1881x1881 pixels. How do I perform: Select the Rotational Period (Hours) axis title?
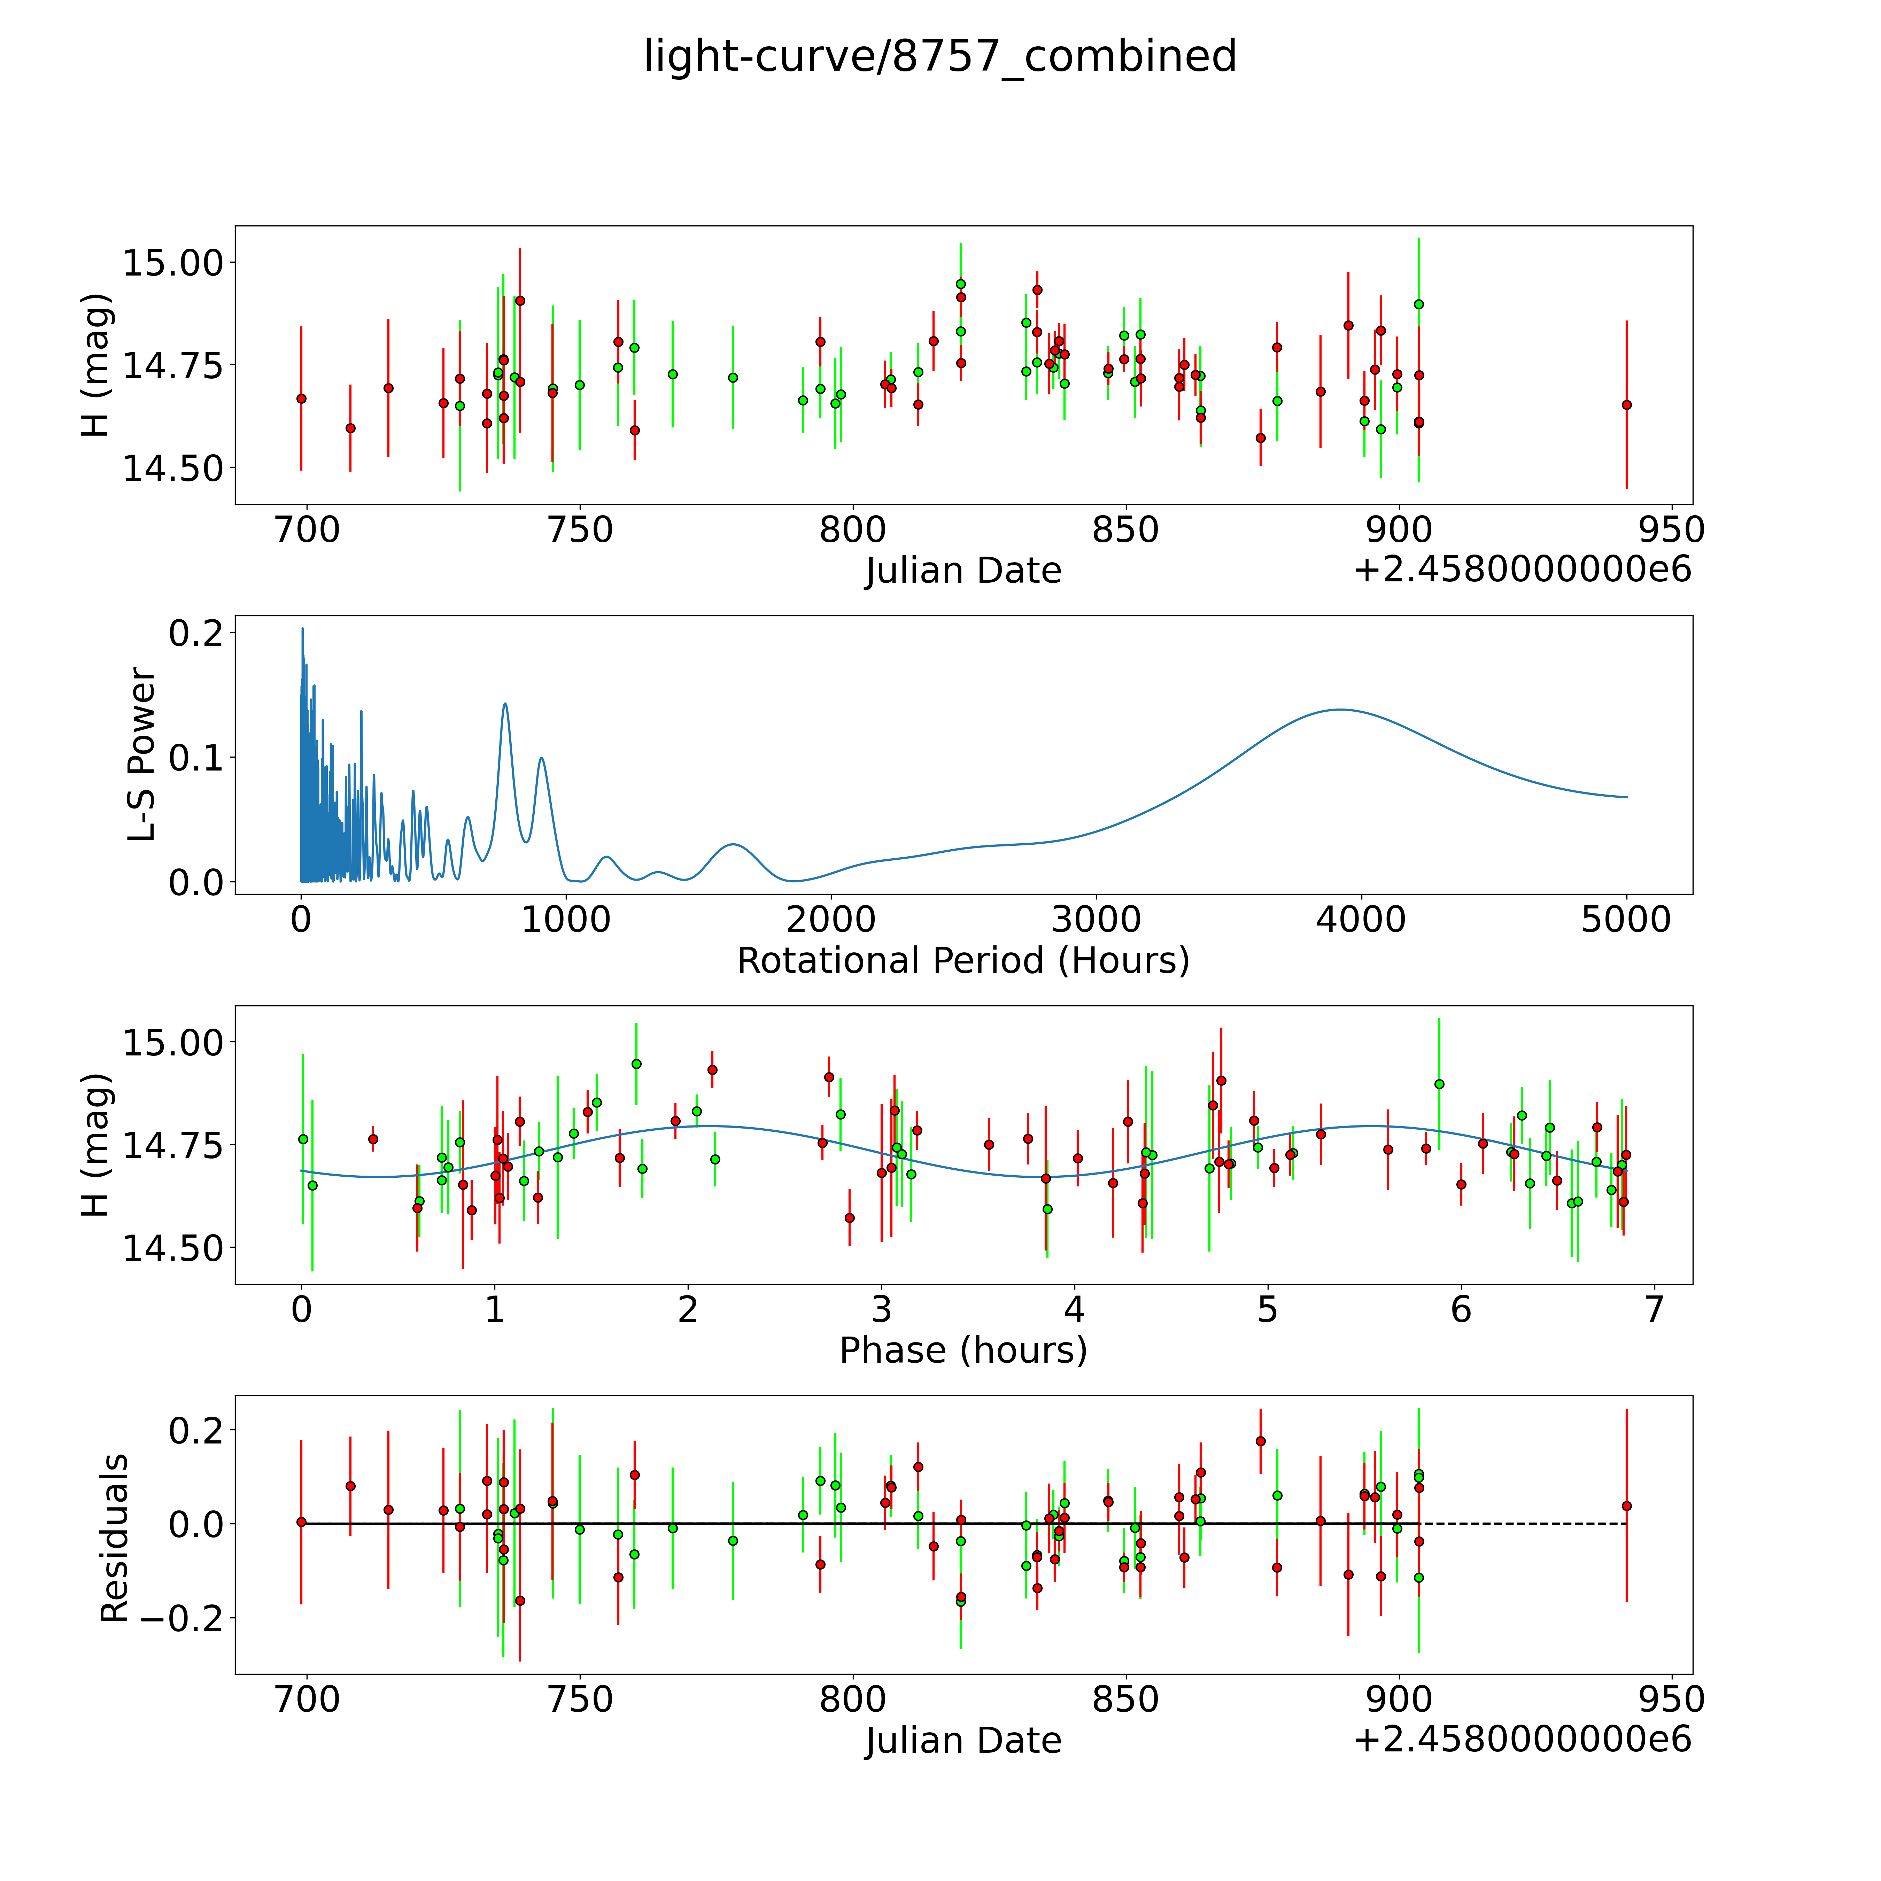pyautogui.click(x=963, y=961)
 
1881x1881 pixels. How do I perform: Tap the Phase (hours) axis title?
pyautogui.click(x=963, y=1350)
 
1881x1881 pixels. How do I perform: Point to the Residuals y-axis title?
pyautogui.click(x=114, y=1538)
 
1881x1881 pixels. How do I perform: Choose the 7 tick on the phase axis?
pyautogui.click(x=1654, y=1309)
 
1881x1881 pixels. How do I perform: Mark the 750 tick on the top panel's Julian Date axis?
pyautogui.click(x=580, y=529)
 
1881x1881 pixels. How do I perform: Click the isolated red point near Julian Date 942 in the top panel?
pyautogui.click(x=1626, y=405)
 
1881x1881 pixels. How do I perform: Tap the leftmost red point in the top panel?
pyautogui.click(x=301, y=398)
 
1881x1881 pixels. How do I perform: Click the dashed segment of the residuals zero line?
pyautogui.click(x=1523, y=1524)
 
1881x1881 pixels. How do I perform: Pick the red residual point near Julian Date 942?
pyautogui.click(x=1626, y=1506)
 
